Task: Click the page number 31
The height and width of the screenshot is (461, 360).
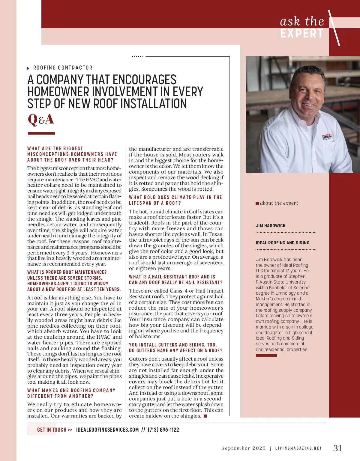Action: coord(337,448)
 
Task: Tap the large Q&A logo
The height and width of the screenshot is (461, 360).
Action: coord(41,120)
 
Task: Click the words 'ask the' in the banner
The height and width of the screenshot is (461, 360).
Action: coord(302,22)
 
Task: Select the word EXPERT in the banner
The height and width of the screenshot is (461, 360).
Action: coord(302,33)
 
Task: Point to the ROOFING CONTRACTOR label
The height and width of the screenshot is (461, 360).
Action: coord(63,68)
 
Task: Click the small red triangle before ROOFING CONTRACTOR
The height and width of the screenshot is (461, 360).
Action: coord(28,68)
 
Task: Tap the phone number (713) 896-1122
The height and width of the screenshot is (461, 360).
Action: coord(163,430)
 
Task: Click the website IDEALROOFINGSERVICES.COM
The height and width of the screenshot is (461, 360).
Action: coord(107,430)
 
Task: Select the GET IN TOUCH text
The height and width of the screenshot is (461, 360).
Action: coord(52,430)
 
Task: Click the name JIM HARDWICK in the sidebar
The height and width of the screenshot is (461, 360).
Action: coord(271,226)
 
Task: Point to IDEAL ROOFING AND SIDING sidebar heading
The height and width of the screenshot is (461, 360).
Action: coord(283,243)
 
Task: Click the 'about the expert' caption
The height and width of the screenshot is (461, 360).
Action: coord(279,203)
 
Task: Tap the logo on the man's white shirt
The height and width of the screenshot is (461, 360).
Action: coord(327,137)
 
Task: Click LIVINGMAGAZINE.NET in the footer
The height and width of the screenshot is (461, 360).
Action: coord(298,448)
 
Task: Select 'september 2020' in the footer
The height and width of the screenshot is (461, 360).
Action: coord(244,448)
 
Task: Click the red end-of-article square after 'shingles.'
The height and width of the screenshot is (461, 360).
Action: coord(205,416)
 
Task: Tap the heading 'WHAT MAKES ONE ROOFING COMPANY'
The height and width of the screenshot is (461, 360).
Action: coord(71,390)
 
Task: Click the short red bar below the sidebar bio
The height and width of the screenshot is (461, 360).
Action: coord(266,355)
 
